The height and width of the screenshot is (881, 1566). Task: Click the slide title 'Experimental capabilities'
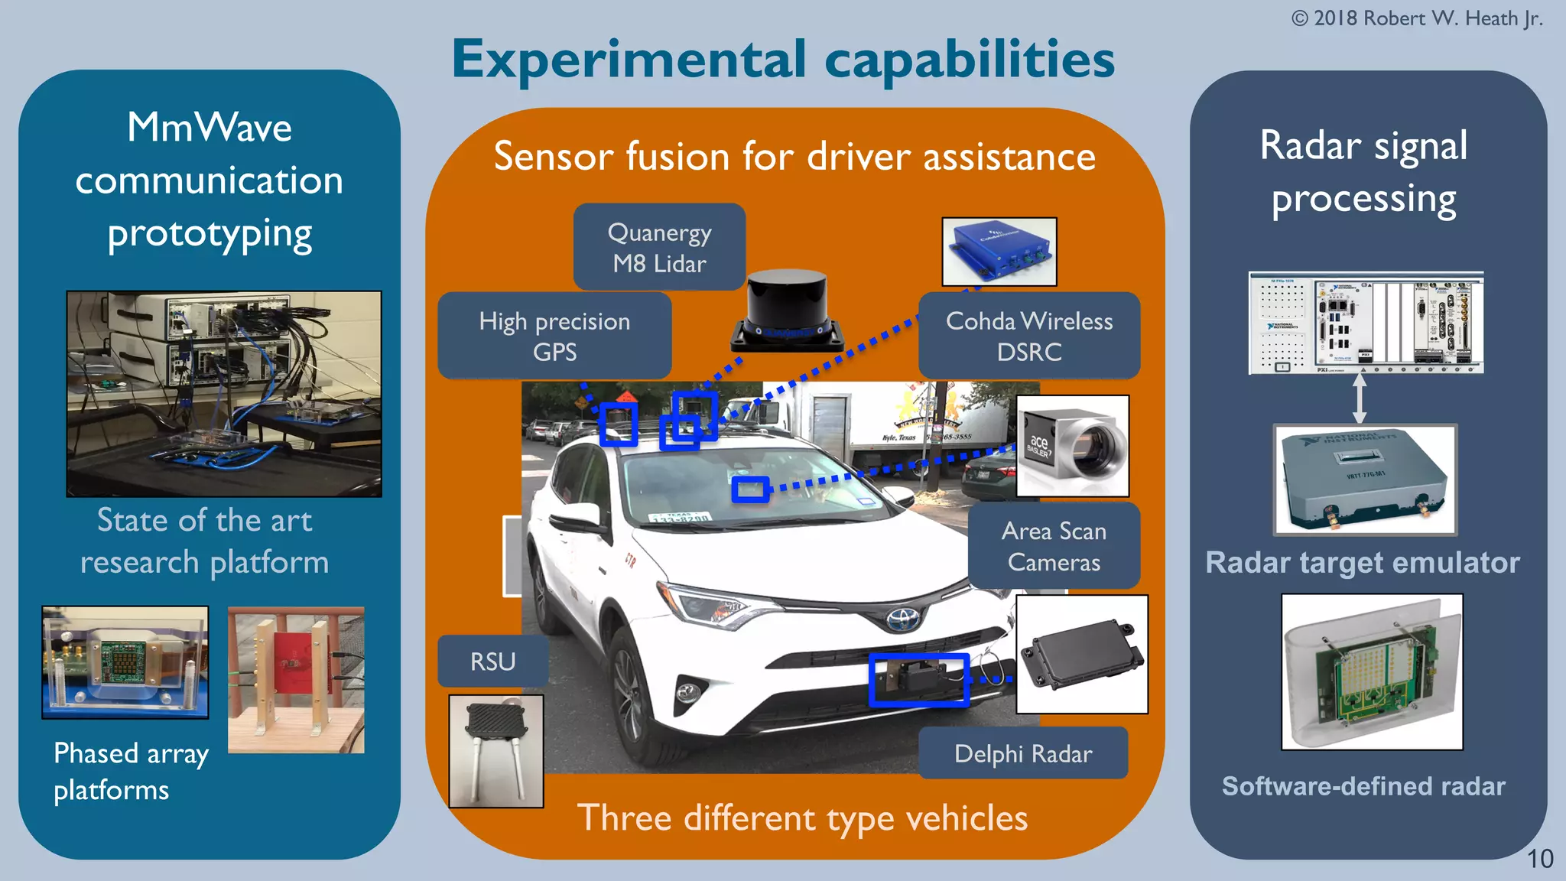783,60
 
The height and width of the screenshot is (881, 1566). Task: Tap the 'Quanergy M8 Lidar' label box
659,247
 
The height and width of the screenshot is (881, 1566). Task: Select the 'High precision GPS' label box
554,336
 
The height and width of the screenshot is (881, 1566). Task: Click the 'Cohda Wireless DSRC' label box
1028,336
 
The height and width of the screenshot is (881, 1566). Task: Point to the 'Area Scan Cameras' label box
1054,546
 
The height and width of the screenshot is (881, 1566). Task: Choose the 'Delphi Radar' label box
1022,753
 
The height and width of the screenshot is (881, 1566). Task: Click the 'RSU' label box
492,661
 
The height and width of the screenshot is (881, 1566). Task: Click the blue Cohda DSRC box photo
999,252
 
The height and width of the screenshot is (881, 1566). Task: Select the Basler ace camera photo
1072,446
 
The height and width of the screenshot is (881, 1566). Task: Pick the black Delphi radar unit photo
1081,655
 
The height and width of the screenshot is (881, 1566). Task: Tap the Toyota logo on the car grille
904,618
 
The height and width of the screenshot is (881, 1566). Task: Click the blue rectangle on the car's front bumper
918,679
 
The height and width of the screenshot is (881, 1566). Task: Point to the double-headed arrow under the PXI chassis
1359,398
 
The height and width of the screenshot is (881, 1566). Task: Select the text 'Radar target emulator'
1362,563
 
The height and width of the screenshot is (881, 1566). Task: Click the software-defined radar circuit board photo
1372,671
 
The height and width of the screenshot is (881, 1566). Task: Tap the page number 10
1539,859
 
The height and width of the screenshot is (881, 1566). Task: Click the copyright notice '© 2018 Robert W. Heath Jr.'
1416,18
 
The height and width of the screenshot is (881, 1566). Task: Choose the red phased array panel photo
296,680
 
